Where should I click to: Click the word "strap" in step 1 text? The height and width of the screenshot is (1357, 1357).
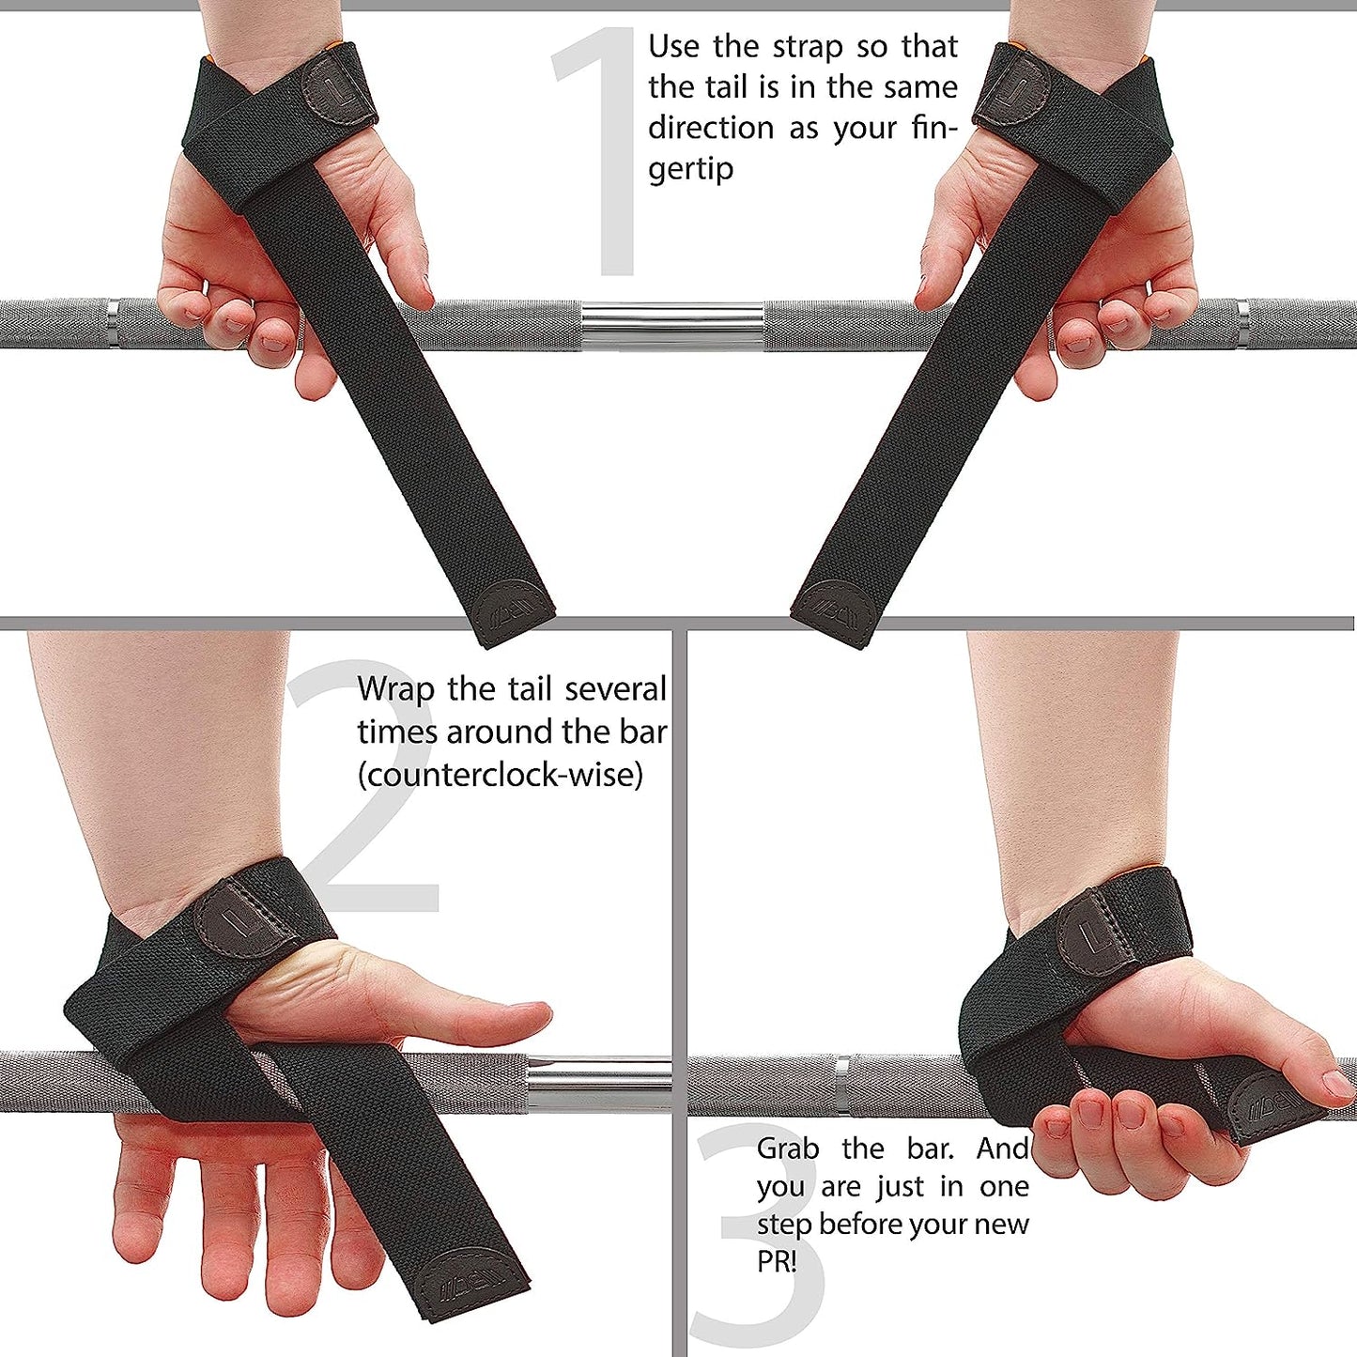click(x=808, y=47)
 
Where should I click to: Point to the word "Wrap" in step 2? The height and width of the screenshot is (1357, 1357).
click(x=396, y=689)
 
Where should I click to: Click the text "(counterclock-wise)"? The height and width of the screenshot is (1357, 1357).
click(x=501, y=775)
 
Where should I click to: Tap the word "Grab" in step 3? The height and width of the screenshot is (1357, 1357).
click(x=788, y=1149)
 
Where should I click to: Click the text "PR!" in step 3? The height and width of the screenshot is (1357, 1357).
click(x=777, y=1261)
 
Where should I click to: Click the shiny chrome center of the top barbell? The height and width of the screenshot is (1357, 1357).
click(x=671, y=326)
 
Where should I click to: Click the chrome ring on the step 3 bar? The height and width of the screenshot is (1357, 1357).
click(x=842, y=1086)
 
